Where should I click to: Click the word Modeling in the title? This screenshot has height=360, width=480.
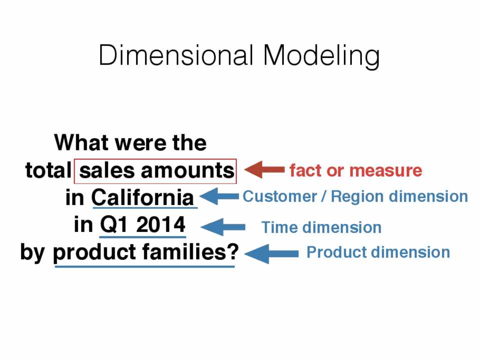point(321,57)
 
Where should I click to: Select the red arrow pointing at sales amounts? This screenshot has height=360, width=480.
point(264,169)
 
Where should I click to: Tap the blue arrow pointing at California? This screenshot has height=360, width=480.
point(219,196)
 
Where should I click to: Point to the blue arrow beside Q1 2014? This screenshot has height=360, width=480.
point(223,227)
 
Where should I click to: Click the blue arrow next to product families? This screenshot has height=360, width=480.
point(271,253)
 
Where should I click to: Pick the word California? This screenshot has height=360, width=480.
point(143,197)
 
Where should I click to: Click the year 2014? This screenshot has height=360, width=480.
point(160,225)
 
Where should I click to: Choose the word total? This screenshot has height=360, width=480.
point(48,170)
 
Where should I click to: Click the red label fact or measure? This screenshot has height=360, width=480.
point(356,170)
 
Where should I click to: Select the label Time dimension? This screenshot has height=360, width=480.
point(321,227)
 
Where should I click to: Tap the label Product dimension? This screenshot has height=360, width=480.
point(378,252)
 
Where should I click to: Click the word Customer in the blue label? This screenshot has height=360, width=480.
point(280,196)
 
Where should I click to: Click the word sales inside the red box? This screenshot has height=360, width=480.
point(107,170)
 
